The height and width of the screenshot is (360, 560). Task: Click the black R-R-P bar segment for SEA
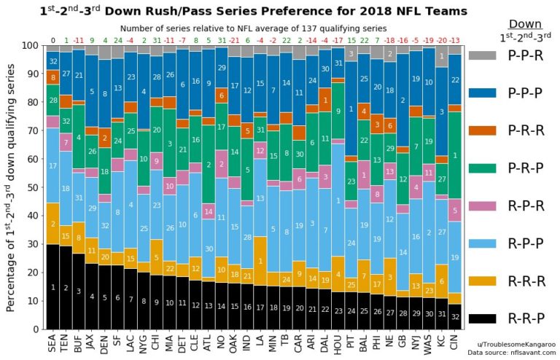(52, 287)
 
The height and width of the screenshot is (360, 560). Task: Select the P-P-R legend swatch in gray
(482, 55)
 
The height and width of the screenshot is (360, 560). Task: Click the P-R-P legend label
(527, 168)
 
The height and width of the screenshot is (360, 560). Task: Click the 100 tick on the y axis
(34, 45)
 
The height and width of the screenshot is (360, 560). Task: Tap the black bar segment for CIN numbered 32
(455, 317)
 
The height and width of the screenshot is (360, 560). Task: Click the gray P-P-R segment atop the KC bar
(442, 57)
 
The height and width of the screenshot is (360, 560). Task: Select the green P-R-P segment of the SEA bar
(52, 100)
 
